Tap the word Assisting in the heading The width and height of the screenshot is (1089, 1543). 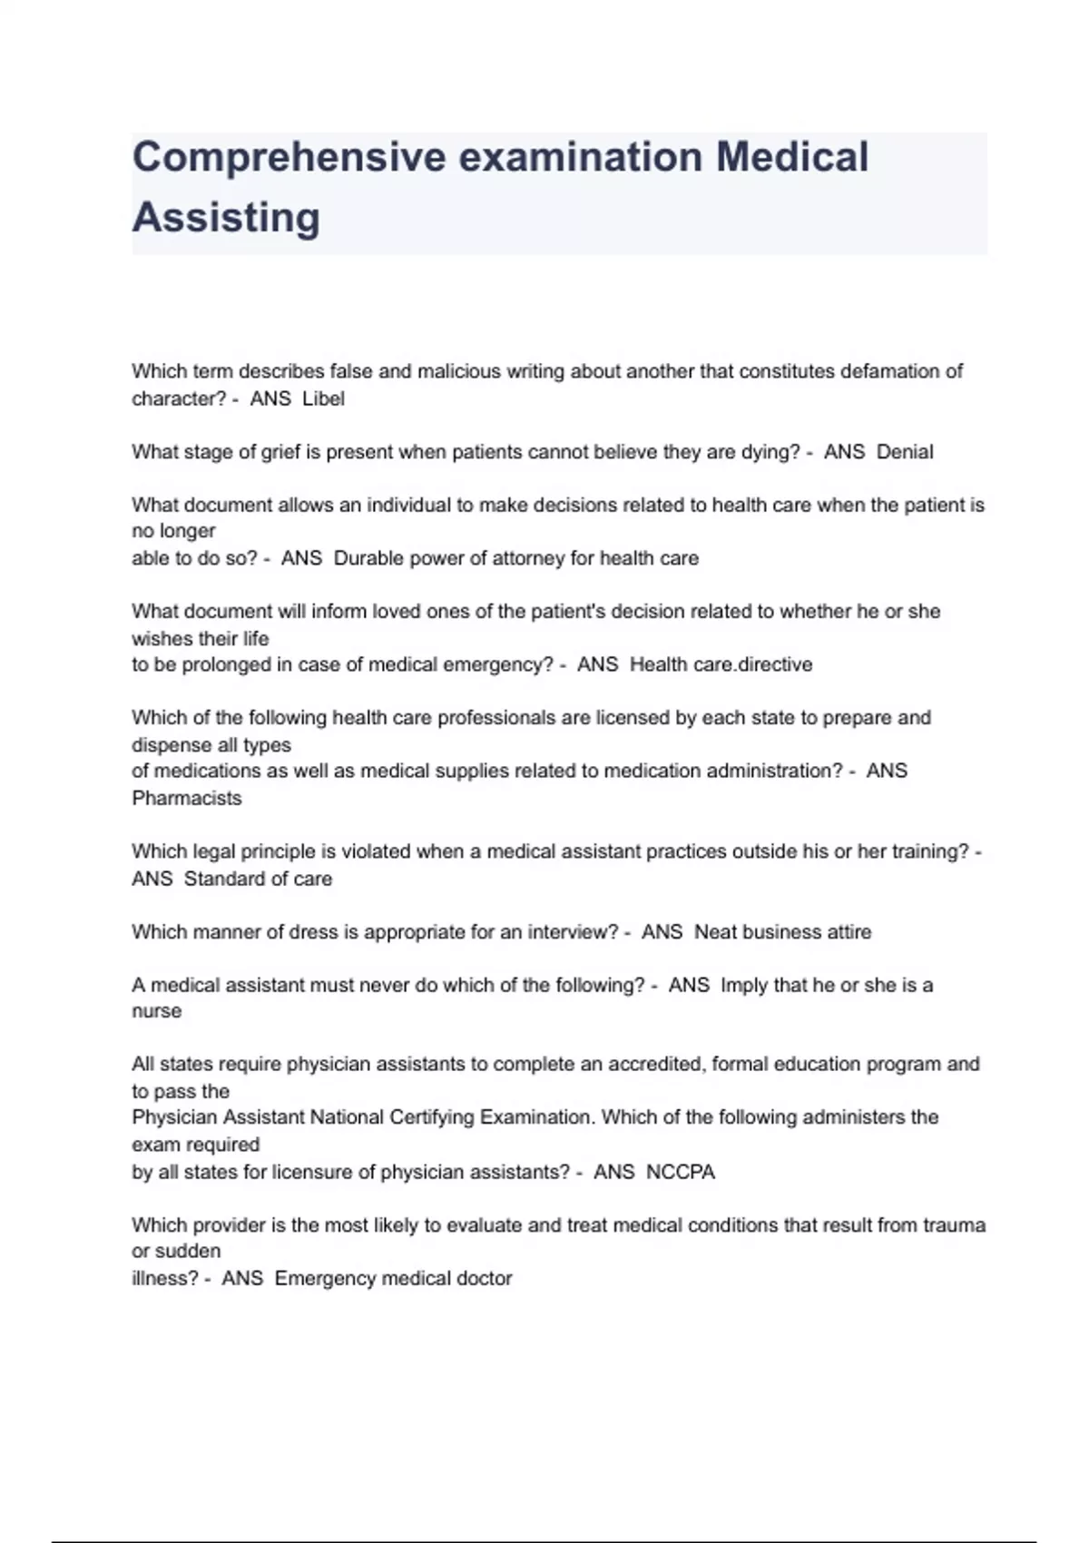click(x=226, y=218)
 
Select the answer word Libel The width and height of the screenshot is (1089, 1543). click(x=323, y=399)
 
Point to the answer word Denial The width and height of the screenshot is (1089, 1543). click(x=905, y=452)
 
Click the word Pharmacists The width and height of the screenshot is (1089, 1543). click(x=187, y=799)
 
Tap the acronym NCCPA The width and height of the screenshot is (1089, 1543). click(x=681, y=1172)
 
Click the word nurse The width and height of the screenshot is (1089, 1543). click(x=156, y=1011)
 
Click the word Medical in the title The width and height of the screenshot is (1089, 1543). click(x=792, y=157)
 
